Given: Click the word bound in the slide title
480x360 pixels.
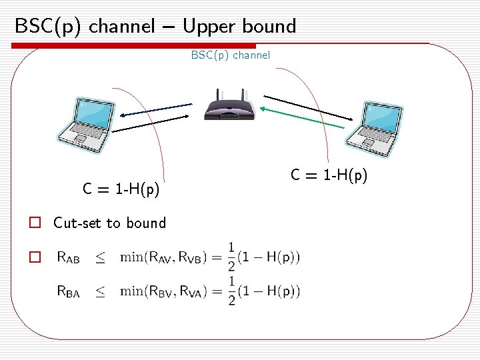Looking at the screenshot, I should coord(267,27).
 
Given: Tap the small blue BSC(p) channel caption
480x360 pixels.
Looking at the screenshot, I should coord(231,55).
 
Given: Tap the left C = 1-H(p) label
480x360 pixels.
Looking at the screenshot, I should coord(121,190).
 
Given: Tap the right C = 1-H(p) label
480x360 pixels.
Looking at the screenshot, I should coord(329,175).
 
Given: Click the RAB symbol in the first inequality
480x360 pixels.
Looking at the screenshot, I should coord(68,257).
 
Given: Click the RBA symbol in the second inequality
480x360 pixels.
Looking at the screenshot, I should coord(68,291).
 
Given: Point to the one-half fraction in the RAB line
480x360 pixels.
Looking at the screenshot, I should coord(231,257).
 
